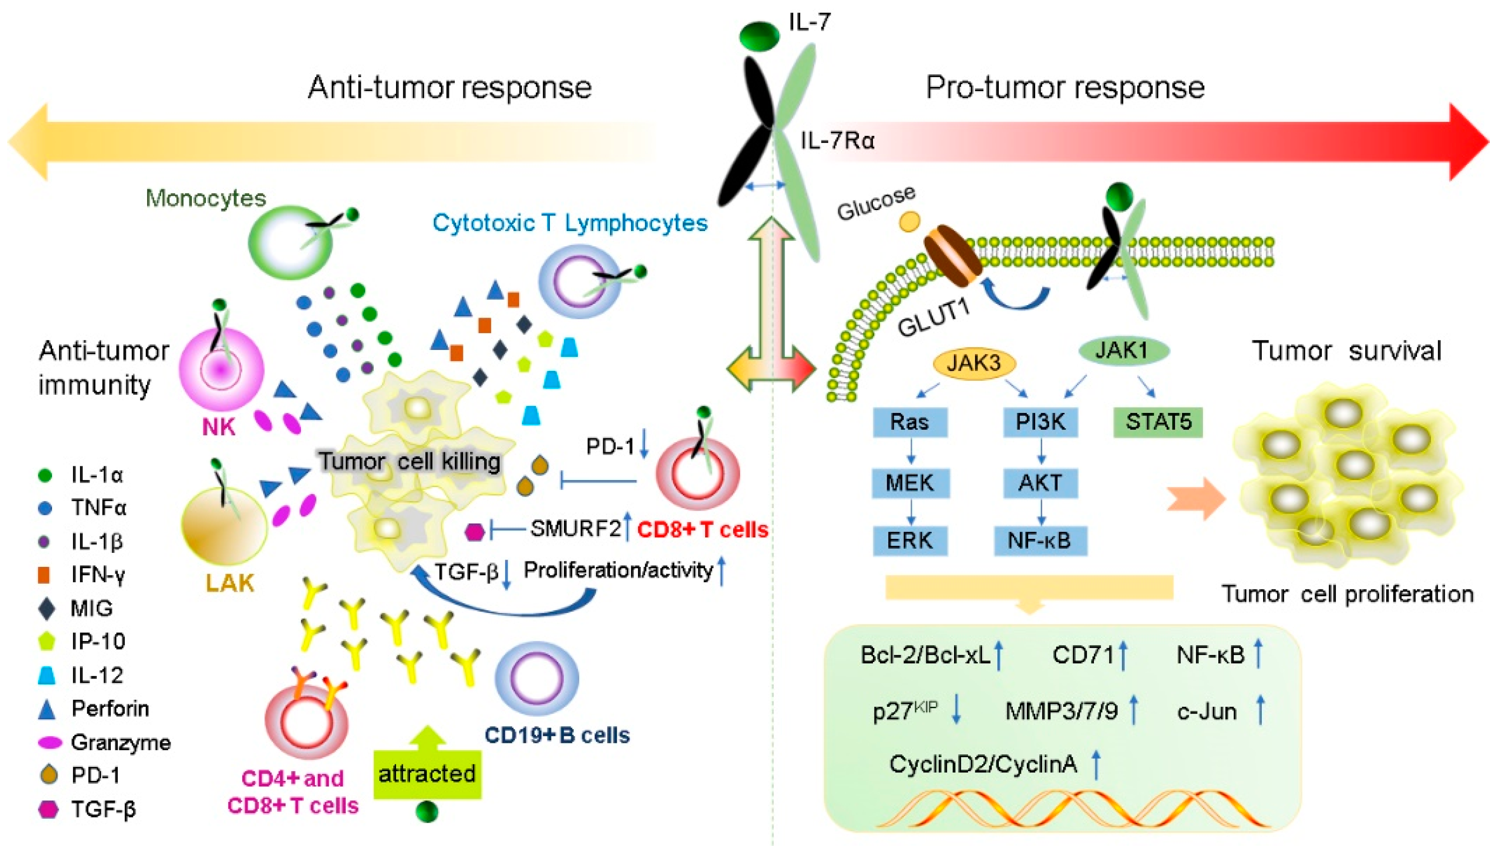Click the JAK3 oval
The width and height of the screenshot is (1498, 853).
(x=974, y=363)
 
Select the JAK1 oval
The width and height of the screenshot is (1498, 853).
(x=1124, y=350)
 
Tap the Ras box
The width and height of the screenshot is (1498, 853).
(x=910, y=422)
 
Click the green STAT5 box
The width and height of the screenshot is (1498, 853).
(x=1158, y=422)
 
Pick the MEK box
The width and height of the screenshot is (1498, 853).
(x=910, y=483)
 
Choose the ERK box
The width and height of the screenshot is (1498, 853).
(x=910, y=540)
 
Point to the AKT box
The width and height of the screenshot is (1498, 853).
(x=1040, y=483)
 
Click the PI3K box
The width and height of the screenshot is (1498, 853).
(x=1040, y=422)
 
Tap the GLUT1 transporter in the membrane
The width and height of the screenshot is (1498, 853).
(x=952, y=256)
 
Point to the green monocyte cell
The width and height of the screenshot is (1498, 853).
(x=290, y=241)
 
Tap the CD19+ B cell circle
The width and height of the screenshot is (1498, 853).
(x=536, y=678)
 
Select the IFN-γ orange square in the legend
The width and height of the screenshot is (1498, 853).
(x=44, y=575)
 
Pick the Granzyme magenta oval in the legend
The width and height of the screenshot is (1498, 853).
(x=50, y=742)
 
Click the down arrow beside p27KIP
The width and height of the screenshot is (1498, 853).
(x=956, y=710)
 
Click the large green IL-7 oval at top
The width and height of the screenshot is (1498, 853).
(x=759, y=36)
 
